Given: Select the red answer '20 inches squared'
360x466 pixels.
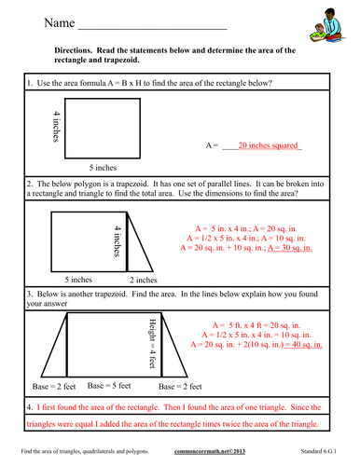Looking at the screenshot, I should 270,145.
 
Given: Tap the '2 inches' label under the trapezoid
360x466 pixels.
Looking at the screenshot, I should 142,280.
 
